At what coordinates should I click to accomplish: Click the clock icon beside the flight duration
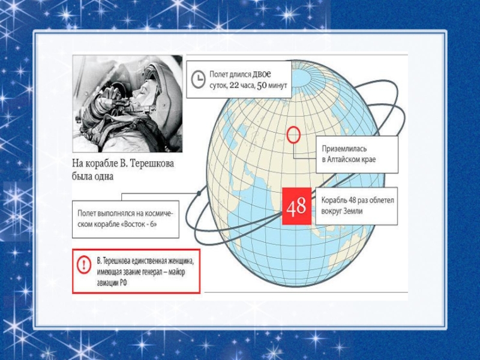198,79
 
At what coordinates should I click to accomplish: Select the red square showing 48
296,206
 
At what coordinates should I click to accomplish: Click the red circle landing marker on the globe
293,134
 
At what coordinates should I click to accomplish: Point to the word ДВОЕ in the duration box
262,74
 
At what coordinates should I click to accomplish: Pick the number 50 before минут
262,85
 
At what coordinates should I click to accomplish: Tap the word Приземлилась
344,149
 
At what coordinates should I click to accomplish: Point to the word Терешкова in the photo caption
152,164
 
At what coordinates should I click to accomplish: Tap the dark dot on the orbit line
199,193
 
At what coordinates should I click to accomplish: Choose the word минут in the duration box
278,85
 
